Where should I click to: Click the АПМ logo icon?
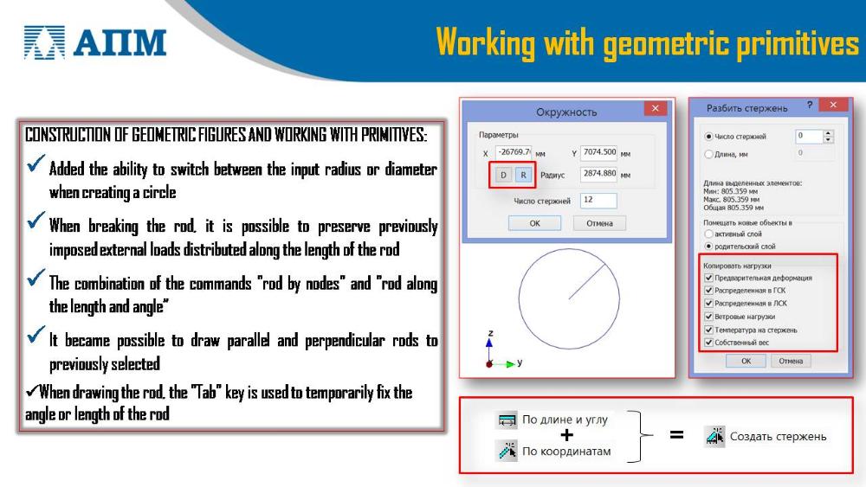44,42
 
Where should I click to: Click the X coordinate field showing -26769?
514,152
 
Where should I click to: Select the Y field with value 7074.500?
598,152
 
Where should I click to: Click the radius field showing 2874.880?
598,174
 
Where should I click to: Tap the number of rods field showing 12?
598,200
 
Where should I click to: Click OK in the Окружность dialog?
534,223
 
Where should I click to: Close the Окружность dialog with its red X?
655,108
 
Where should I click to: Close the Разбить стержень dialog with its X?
833,105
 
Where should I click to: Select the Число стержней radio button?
708,136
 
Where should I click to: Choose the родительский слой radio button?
708,247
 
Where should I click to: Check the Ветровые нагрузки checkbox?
708,317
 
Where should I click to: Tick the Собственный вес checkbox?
708,343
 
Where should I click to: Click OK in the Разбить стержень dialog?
746,361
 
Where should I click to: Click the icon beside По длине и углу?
507,420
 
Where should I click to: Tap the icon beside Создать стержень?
714,436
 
